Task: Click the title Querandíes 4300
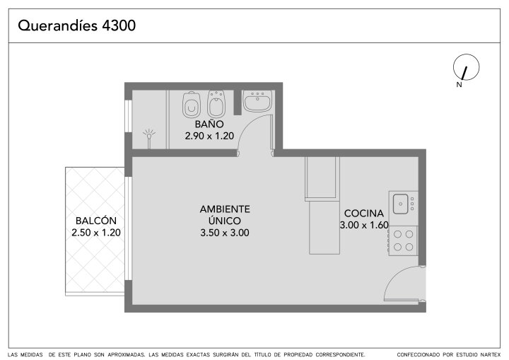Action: (x=76, y=25)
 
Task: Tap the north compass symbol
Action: (x=466, y=67)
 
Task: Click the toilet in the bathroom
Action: (x=191, y=105)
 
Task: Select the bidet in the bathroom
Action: (x=216, y=104)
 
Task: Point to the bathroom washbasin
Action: (x=257, y=101)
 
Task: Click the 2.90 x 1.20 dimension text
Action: (x=209, y=136)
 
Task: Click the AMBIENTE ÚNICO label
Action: (x=225, y=215)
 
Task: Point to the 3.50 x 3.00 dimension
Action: (x=225, y=233)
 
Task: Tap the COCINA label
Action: (x=364, y=213)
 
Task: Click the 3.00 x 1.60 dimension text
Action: (x=364, y=225)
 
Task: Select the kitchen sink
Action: (x=401, y=204)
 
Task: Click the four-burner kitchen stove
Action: (x=403, y=240)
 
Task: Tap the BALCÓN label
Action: (x=96, y=221)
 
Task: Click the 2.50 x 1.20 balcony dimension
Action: (x=96, y=233)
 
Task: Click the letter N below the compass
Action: (x=459, y=85)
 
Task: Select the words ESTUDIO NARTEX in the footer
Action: (x=480, y=354)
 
